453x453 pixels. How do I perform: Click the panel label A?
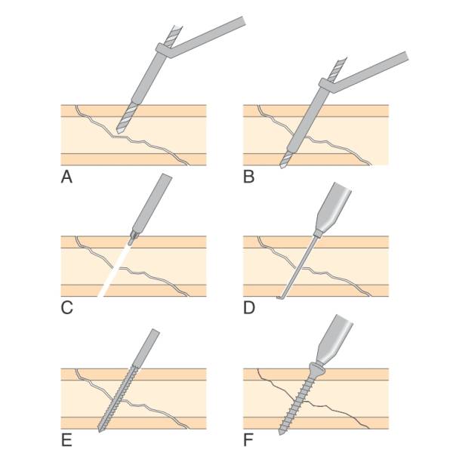pos(66,177)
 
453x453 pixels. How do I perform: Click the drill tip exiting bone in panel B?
pos(282,166)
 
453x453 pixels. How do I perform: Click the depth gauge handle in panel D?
pos(331,204)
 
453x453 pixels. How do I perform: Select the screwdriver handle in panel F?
pos(340,336)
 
